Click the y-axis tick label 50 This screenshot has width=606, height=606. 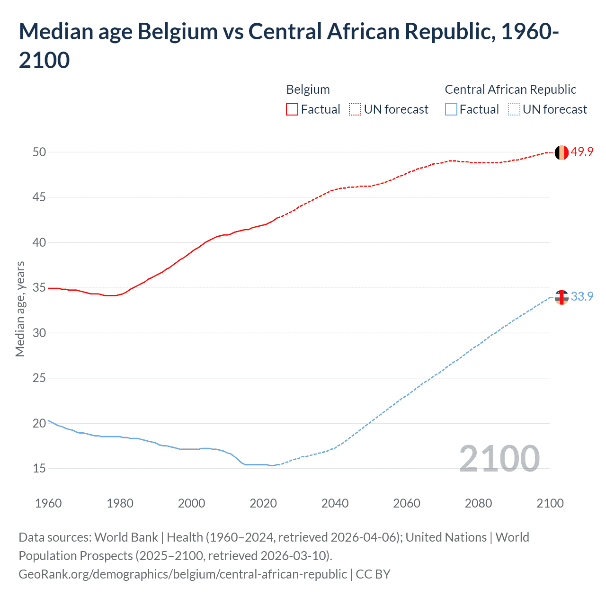pos(39,152)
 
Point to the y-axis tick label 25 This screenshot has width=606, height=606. pos(39,378)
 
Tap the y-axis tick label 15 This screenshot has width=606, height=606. pos(39,468)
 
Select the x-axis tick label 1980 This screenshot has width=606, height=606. pos(120,503)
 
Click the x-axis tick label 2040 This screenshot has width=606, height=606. pos(335,503)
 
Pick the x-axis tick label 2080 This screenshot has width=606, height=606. pos(478,503)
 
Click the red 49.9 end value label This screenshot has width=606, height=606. pos(582,151)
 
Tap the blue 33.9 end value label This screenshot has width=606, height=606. pos(582,296)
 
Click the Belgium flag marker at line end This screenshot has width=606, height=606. pos(561,152)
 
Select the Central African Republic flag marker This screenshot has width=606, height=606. pos(561,297)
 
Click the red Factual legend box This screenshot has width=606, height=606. pos(292,109)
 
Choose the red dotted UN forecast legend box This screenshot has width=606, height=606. pos(355,109)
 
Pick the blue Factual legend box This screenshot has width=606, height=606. pos(451,109)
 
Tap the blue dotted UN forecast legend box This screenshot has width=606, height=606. pos(514,109)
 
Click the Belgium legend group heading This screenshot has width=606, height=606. pos(308,89)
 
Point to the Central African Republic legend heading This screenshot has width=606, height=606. pos(510,89)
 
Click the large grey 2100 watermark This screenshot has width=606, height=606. pos(499,458)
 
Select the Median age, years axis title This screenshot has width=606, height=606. pos(20,309)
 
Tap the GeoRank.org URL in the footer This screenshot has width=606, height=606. pos(182,574)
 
